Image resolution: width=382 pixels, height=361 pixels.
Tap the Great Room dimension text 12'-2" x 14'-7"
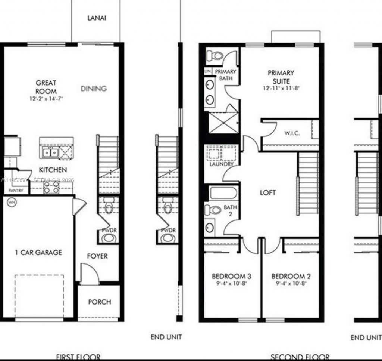(46, 99)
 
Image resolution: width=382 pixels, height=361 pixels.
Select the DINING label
(94, 89)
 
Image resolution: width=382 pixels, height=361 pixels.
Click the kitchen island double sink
(50, 152)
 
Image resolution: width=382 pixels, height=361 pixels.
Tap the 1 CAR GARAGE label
(38, 253)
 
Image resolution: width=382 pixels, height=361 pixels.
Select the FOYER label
(97, 256)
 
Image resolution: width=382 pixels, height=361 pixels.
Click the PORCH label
(99, 302)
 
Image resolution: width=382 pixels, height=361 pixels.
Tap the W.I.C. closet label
(292, 133)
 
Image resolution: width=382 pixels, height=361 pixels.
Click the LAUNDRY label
(221, 164)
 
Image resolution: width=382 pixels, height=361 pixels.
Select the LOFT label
(268, 192)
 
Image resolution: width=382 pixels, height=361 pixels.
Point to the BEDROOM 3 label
(231, 276)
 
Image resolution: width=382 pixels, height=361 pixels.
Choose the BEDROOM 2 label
(291, 276)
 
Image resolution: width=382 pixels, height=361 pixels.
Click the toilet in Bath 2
(212, 210)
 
